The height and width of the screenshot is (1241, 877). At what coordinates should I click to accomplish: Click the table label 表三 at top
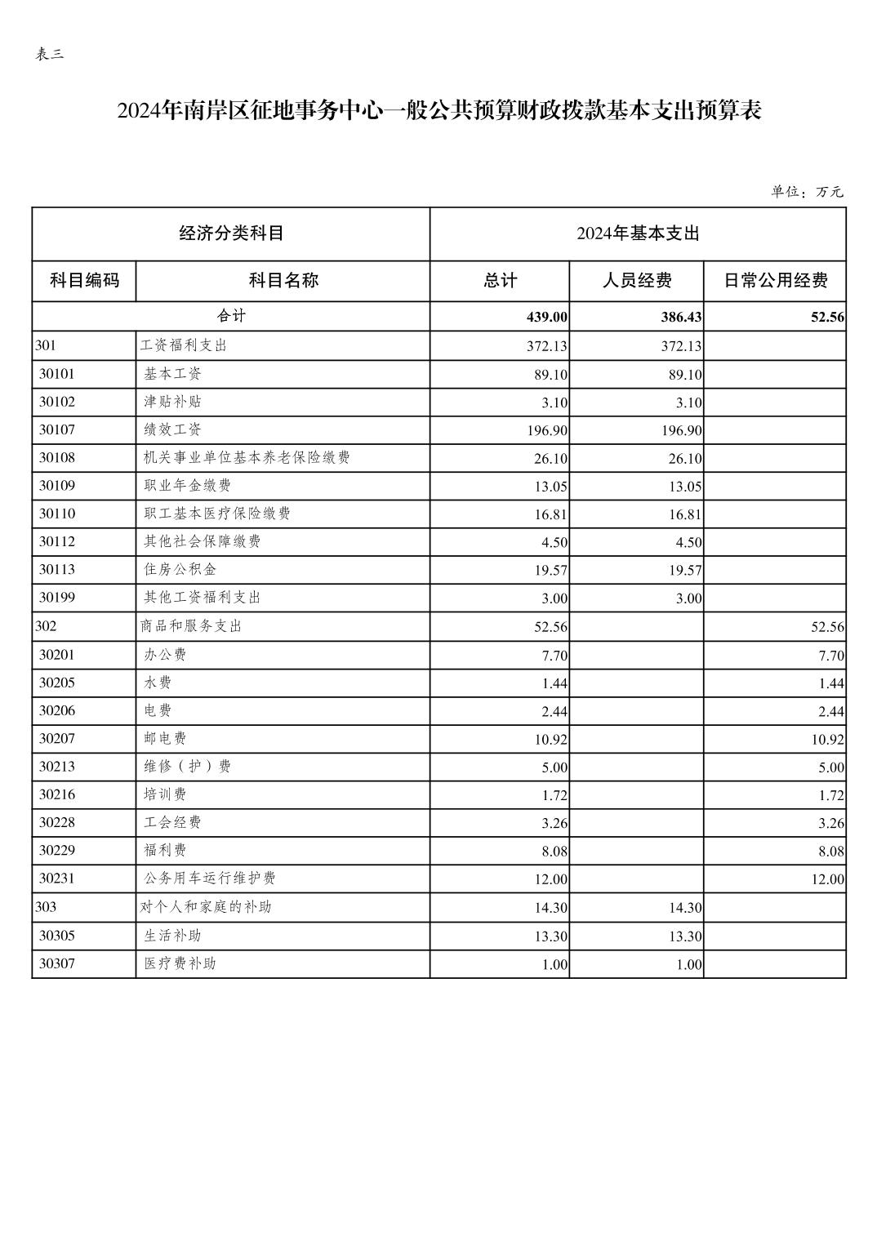click(x=50, y=55)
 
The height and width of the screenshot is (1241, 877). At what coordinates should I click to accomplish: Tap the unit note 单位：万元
click(x=807, y=192)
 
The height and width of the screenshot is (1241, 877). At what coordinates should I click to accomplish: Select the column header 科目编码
click(x=84, y=281)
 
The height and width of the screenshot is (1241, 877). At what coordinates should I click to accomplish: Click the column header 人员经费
click(x=636, y=281)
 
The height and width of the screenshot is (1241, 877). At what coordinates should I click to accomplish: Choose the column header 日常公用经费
click(x=775, y=281)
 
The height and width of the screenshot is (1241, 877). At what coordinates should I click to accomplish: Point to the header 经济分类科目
click(x=231, y=234)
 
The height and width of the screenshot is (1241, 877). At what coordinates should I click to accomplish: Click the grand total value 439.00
click(x=547, y=317)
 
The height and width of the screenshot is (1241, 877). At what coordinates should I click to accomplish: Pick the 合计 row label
click(x=231, y=316)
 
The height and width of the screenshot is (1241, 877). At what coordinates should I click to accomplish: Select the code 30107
click(x=57, y=429)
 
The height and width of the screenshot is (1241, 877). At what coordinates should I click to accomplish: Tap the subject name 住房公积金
click(x=180, y=569)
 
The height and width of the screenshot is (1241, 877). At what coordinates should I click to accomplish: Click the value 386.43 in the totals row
click(x=681, y=317)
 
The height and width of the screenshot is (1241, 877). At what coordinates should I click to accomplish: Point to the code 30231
click(x=57, y=878)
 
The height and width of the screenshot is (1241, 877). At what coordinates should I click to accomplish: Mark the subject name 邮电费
click(x=165, y=738)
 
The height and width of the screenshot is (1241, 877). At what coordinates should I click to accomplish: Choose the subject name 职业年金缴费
click(x=188, y=485)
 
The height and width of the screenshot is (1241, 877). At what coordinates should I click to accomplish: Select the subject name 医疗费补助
click(x=180, y=963)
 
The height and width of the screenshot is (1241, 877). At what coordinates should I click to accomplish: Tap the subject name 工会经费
click(x=172, y=822)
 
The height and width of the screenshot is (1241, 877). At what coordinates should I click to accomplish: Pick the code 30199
click(x=57, y=598)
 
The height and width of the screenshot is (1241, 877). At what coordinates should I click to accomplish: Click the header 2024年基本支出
click(x=638, y=234)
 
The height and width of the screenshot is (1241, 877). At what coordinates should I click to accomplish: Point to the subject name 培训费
click(x=165, y=794)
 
